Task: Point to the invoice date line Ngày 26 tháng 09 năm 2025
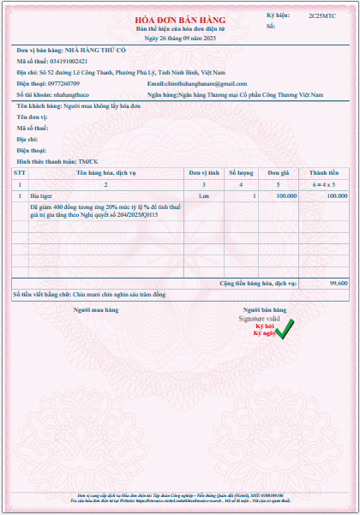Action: click(x=179, y=39)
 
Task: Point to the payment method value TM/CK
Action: click(x=90, y=161)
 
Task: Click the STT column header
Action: click(x=20, y=173)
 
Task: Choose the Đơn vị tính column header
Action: click(x=204, y=173)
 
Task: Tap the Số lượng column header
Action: click(x=241, y=173)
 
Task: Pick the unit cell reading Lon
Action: click(x=204, y=196)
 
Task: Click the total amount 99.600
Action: click(x=338, y=281)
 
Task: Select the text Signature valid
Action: click(x=259, y=318)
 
